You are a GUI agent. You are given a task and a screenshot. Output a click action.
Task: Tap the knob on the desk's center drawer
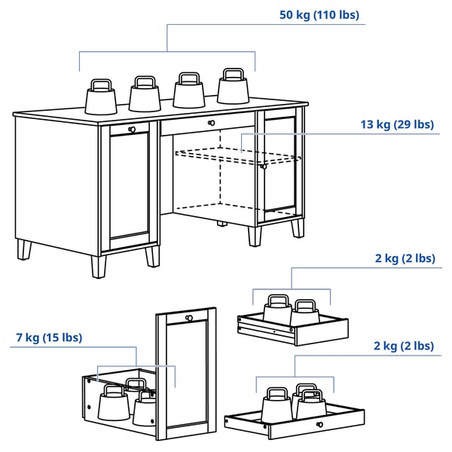(211, 122)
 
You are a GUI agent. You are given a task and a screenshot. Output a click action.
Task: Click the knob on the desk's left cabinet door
(133, 130)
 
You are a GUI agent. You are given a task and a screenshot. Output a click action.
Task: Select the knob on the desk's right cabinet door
(264, 166)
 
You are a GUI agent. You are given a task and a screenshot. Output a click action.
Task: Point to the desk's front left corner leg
(99, 265)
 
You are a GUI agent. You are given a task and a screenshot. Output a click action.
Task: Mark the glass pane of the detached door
(188, 373)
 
